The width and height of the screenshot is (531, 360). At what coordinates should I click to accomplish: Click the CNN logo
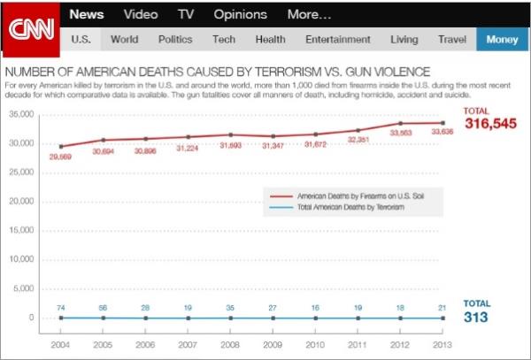[31, 27]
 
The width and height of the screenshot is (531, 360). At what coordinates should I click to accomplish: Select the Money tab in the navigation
[502, 39]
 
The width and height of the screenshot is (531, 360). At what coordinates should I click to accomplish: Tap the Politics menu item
[175, 39]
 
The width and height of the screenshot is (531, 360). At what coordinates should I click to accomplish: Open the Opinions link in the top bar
[240, 14]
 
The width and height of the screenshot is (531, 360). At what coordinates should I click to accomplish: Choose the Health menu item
[270, 39]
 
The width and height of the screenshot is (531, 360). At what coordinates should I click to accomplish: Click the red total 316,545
[489, 123]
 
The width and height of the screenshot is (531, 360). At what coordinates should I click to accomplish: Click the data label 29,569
[61, 157]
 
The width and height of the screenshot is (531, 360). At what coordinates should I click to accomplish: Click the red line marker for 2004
[61, 146]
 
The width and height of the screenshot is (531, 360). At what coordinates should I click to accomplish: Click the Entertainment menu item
[337, 39]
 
